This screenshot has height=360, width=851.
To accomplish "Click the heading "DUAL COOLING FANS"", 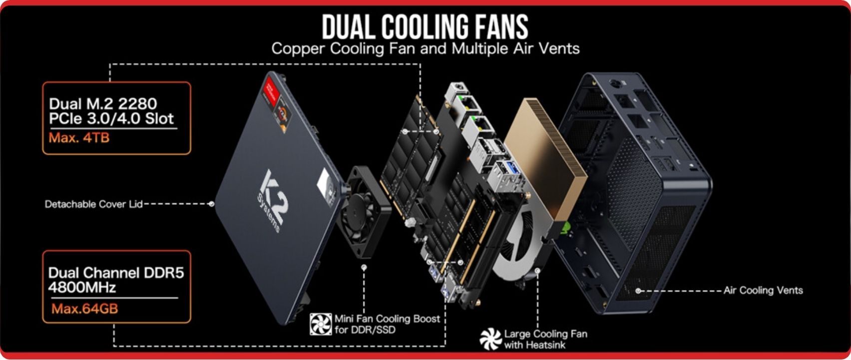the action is coord(425,26).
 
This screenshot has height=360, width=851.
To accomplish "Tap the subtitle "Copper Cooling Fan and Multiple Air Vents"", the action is coord(425,49).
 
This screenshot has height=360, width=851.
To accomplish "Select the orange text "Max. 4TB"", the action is coord(79,137).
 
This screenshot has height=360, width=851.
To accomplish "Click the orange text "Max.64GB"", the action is coord(85,309).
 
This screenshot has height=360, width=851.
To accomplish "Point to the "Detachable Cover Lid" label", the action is coord(93,204).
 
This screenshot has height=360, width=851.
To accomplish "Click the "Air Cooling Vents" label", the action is coord(763,291).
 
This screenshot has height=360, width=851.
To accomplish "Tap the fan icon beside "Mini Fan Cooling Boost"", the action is coord(321,325).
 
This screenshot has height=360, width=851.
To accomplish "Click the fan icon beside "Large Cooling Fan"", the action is coord(490,339).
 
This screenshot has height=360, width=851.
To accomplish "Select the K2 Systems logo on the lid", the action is coord(272,200).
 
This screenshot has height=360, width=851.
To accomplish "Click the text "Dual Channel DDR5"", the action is coord(116,273).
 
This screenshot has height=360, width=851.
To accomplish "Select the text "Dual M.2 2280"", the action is coord(103,104).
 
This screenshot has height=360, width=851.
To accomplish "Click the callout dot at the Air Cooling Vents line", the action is coord(638,291).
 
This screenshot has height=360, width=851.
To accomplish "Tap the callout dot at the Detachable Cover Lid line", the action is coord(212,204).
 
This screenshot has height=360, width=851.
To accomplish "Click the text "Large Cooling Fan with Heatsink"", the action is coord(545,340).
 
